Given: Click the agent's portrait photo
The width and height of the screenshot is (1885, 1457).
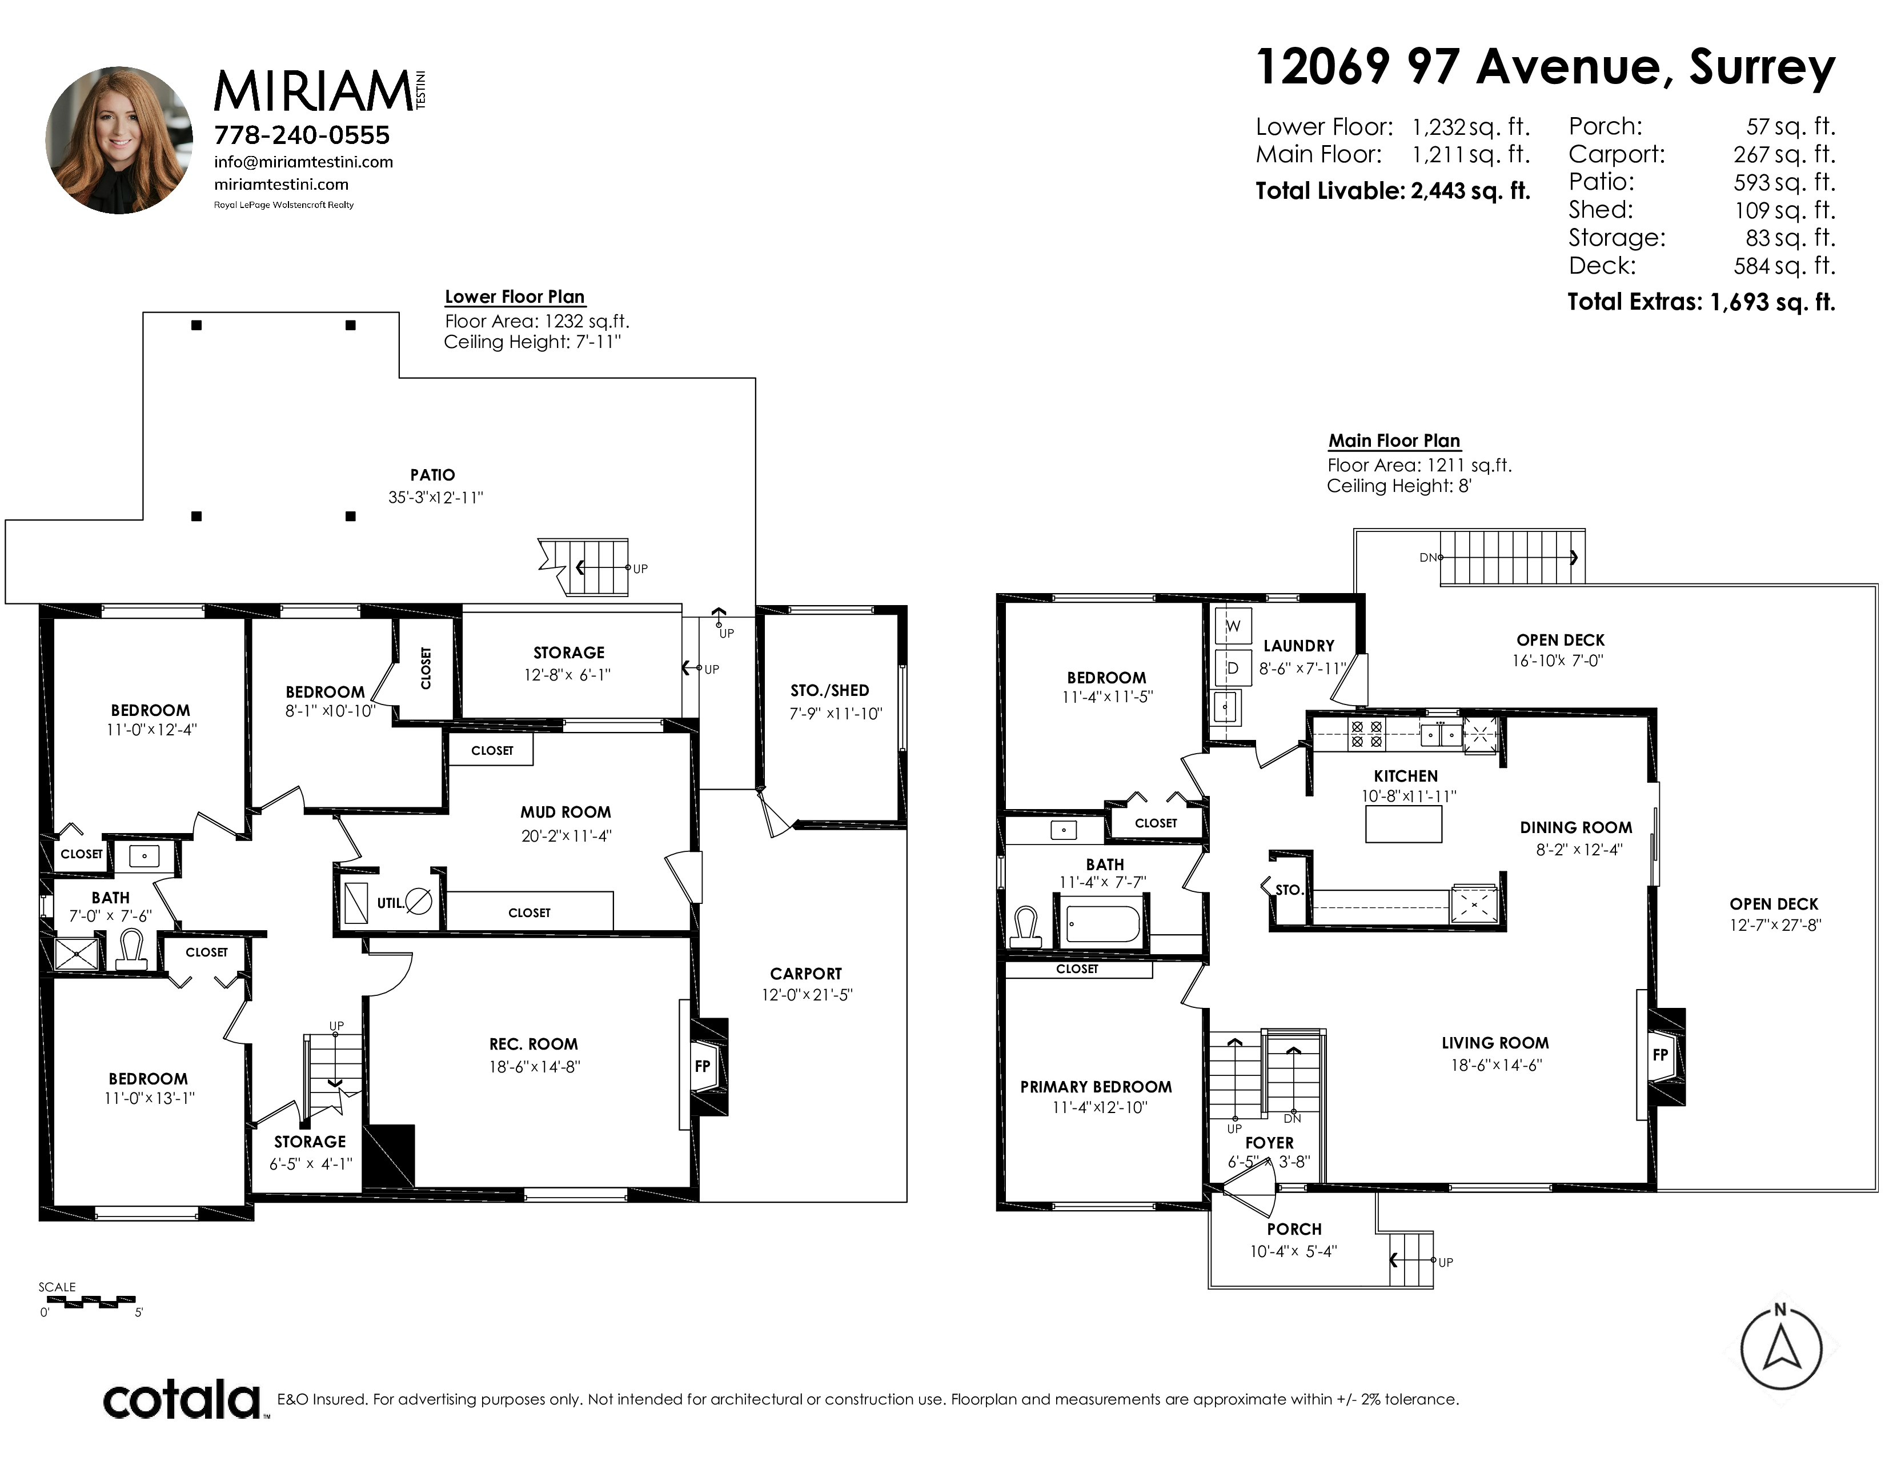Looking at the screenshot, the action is click(x=119, y=140).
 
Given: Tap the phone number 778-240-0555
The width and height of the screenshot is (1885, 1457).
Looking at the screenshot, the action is click(x=302, y=135).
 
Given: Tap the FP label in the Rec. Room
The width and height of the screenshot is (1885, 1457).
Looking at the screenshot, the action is click(x=703, y=1066).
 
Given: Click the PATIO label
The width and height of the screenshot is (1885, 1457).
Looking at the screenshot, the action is click(x=432, y=475).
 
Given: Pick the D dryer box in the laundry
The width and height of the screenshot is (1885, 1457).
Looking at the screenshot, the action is click(x=1233, y=668).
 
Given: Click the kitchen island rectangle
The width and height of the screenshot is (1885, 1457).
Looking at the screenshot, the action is click(x=1403, y=823).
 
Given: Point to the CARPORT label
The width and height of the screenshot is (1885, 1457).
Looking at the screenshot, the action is click(x=806, y=974).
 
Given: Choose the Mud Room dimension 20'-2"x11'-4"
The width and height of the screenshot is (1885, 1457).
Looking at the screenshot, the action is click(x=566, y=835).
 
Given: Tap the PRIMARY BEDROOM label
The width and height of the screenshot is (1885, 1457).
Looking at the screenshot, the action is click(x=1096, y=1087).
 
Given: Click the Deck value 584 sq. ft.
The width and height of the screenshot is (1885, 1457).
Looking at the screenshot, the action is click(x=1784, y=265).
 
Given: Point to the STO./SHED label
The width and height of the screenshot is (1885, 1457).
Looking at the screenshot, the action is click(x=829, y=691).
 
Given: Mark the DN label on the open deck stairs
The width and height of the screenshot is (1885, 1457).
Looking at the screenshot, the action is click(x=1427, y=558).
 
